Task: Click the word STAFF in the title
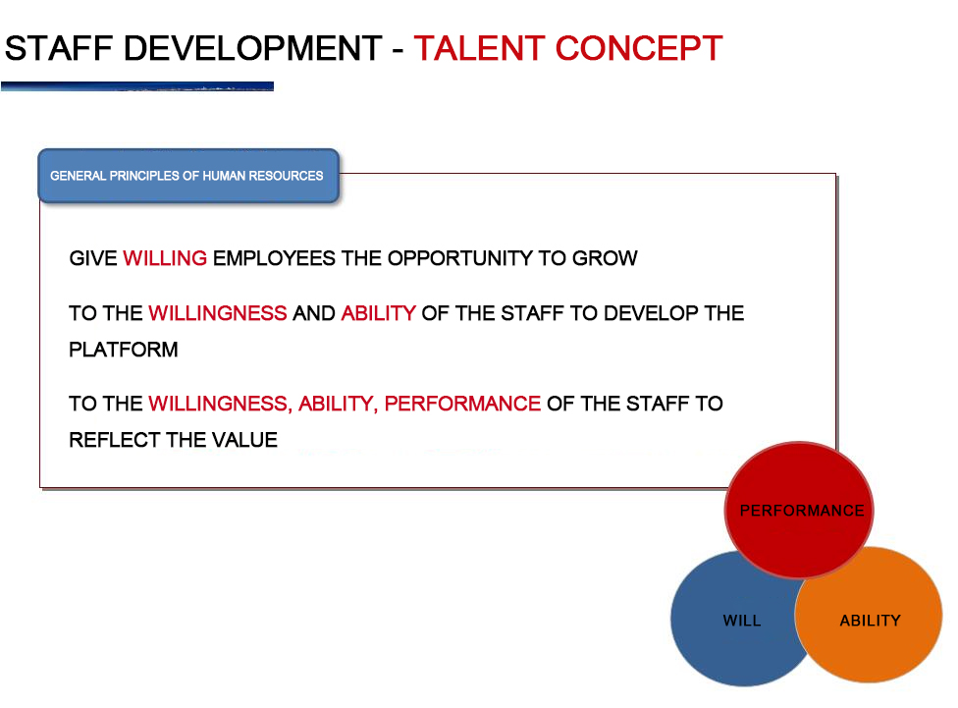59,48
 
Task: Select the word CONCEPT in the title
639,48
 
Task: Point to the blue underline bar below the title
137,86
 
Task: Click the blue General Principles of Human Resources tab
188,176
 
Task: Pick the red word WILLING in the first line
165,258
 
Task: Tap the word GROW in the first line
605,258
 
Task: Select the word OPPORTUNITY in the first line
460,258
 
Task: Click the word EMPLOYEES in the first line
274,258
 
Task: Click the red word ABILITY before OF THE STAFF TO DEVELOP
379,313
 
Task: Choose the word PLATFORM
124,350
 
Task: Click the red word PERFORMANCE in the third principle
462,404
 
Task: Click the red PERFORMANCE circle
799,510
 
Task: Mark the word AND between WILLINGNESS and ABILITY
314,313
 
